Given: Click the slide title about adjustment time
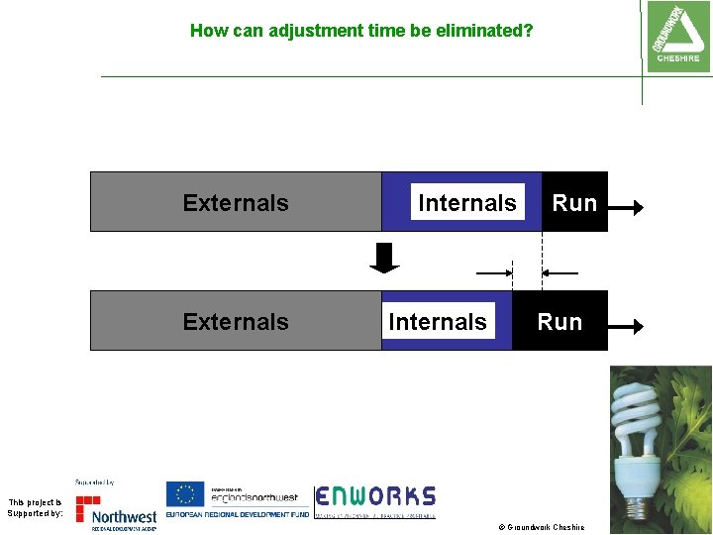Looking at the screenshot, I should pos(360,31).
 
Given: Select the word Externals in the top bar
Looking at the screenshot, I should pos(236,203).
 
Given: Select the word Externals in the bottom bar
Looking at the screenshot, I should pos(236,322).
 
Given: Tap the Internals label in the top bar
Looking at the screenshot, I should pos(466,203).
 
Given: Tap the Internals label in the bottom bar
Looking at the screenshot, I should pos(438,322).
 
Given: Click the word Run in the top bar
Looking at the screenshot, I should pos(573,203).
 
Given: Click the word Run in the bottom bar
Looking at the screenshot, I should pos(560,322).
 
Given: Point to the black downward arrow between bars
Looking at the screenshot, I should pos(384,258).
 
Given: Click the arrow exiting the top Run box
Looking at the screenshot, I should pos(626,207).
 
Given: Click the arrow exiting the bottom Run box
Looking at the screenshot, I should pos(626,324).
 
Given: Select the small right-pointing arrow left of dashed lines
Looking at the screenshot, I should pos(493,272).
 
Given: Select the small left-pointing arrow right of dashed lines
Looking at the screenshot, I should pos(560,272).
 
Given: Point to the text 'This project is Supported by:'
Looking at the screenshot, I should pos(34,507).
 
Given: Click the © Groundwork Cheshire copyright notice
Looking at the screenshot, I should pos(541,527).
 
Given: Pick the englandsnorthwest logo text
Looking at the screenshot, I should pos(254,496).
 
